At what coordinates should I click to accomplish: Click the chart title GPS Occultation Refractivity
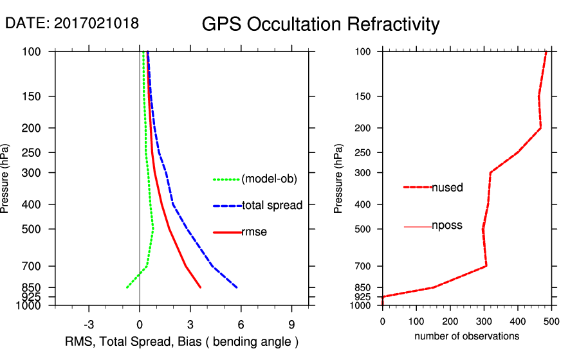pyautogui.click(x=320, y=24)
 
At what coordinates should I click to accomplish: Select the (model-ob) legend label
pyautogui.click(x=269, y=179)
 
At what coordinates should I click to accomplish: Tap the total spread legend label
pyautogui.click(x=272, y=206)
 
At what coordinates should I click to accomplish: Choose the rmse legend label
pyautogui.click(x=254, y=232)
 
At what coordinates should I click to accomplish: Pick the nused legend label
pyautogui.click(x=447, y=188)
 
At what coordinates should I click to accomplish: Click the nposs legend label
pyautogui.click(x=447, y=226)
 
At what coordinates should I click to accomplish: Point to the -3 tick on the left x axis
pyautogui.click(x=89, y=323)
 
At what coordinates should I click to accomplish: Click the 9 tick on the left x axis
pyautogui.click(x=292, y=323)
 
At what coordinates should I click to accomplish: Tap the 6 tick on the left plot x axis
pyautogui.click(x=241, y=323)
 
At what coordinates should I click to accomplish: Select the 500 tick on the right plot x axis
pyautogui.click(x=552, y=320)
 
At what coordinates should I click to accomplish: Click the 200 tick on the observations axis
pyautogui.click(x=450, y=320)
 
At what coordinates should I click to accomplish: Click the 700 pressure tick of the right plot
pyautogui.click(x=365, y=266)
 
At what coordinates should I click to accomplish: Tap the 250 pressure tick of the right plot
pyautogui.click(x=365, y=153)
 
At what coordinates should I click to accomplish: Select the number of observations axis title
pyautogui.click(x=466, y=336)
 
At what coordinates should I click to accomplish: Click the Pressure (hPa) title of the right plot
pyautogui.click(x=339, y=179)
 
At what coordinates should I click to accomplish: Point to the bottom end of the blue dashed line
pyautogui.click(x=237, y=287)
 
